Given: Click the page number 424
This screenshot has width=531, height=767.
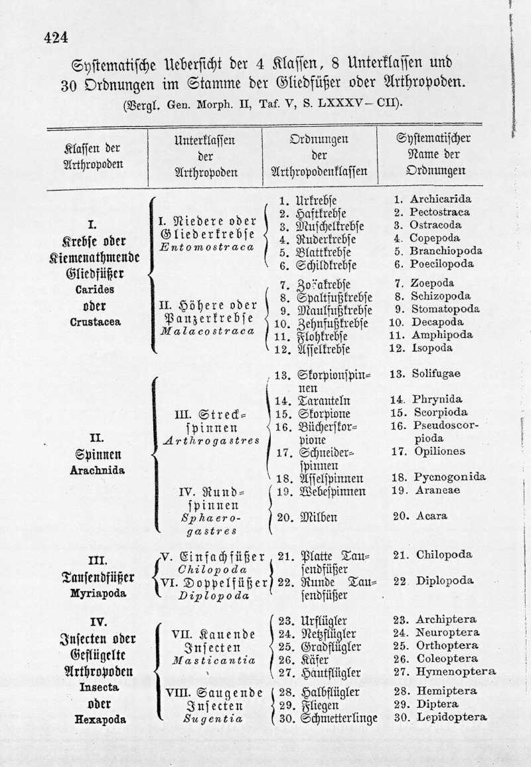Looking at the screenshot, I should coord(56,37).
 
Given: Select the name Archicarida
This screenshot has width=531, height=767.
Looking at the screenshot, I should coord(441,199).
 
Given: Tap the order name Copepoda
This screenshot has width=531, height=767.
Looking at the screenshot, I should coord(435,238).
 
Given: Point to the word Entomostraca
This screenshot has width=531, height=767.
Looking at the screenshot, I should coord(208,247).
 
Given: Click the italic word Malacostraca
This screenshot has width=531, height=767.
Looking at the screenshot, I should coord(208,331).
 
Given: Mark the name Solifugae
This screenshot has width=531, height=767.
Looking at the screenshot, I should coord(435,374).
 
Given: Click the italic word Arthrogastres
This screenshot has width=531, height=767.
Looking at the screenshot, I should coord(211,440).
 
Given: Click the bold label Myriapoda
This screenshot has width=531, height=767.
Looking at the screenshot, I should coord(98,594).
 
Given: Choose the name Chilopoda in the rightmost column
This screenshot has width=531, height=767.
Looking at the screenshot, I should coord(444,554).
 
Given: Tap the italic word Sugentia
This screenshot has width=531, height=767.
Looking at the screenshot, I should coord(212,719).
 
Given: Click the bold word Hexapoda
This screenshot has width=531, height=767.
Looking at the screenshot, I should coord(99,719).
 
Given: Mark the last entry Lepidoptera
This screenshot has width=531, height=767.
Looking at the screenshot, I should coord(451,717).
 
